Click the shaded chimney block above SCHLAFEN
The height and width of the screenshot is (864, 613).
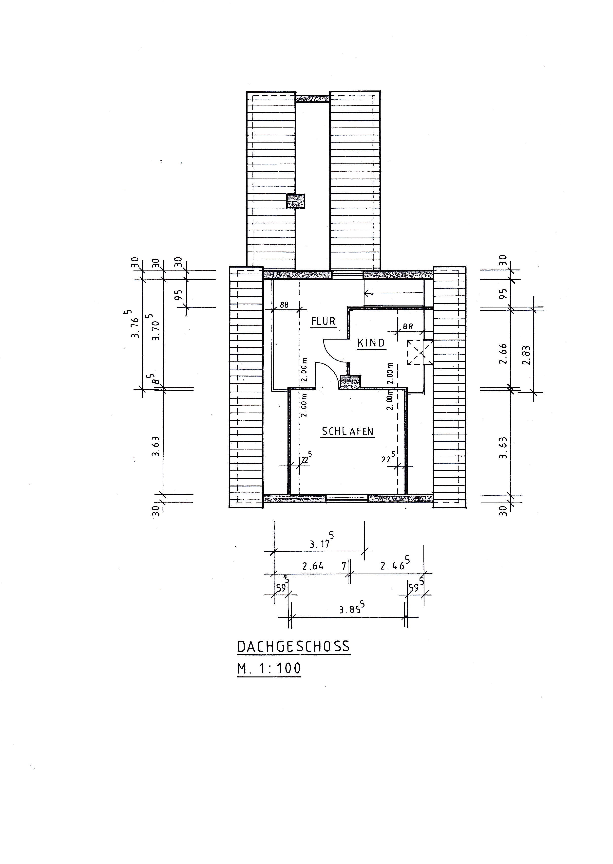pyautogui.click(x=350, y=382)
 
